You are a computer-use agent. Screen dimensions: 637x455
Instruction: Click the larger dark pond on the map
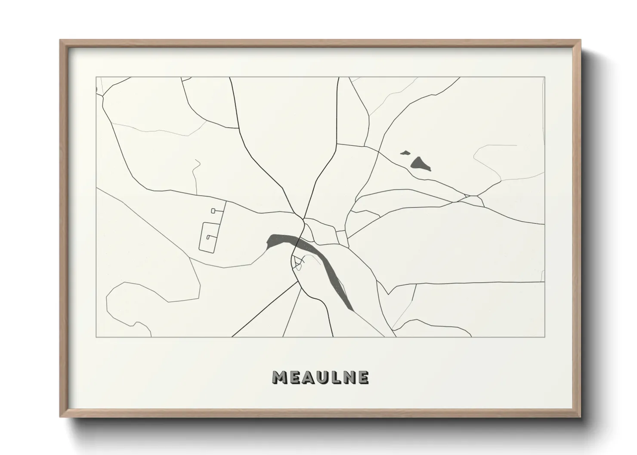[420, 163]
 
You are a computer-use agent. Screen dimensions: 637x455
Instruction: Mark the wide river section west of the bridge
[280, 240]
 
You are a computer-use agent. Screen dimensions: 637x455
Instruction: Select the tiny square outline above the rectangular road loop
[213, 210]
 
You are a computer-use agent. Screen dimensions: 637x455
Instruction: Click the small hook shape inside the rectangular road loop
[209, 237]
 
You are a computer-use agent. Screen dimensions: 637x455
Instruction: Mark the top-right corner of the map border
[544, 77]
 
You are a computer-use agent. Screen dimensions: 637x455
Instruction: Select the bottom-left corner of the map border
[96, 337]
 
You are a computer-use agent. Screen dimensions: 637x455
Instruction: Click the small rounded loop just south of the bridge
[297, 261]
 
